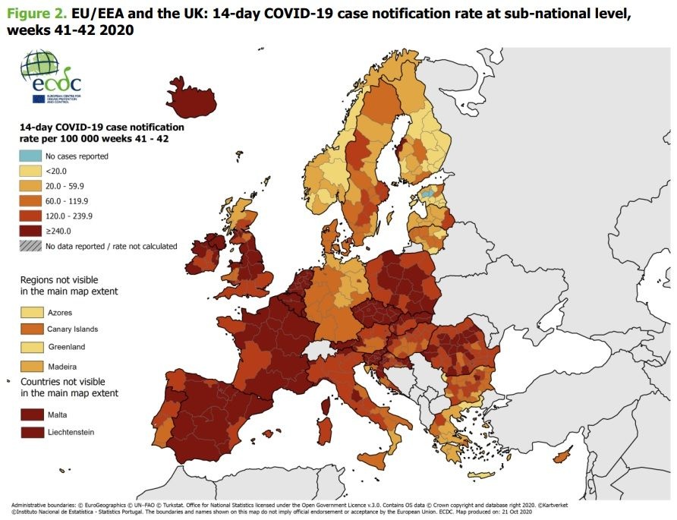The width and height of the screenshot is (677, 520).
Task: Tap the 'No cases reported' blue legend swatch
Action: (x=30, y=156)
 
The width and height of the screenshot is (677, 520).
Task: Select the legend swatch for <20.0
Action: (x=30, y=171)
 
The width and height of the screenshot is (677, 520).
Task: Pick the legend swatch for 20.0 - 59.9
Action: (x=30, y=186)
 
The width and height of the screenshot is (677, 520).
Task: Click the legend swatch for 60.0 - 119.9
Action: (x=30, y=201)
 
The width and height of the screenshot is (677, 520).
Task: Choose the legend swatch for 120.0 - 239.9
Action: (x=30, y=216)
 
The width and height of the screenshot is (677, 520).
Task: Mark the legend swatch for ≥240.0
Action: (x=30, y=231)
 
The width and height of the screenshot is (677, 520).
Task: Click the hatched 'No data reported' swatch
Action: (x=30, y=246)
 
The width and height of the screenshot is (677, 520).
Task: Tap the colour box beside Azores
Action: (x=31, y=312)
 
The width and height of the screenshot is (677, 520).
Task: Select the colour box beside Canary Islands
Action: (x=31, y=329)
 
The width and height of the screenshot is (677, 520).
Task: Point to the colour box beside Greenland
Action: (x=31, y=347)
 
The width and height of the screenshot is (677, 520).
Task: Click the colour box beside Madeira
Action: (x=31, y=366)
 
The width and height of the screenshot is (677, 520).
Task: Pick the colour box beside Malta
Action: (x=31, y=414)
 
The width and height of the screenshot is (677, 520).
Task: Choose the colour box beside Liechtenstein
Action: (x=31, y=433)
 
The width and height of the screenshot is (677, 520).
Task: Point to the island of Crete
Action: (x=484, y=476)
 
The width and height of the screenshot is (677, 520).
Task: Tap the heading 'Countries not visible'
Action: (x=63, y=381)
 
